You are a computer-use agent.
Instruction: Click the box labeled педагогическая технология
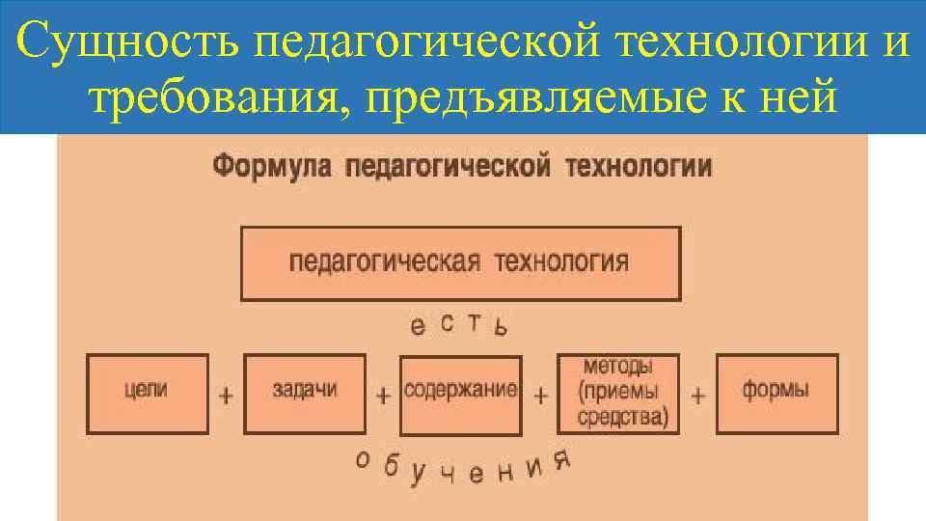coord(459,263)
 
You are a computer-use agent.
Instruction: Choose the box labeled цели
coord(147,393)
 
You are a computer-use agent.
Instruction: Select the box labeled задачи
coord(305,393)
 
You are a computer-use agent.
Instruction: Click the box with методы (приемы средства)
coord(618,393)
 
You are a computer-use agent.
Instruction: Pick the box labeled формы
coord(776,393)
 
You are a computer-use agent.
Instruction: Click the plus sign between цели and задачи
coord(226,396)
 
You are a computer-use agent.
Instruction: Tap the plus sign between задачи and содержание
coord(383,396)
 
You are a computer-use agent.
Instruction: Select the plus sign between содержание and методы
coord(541,396)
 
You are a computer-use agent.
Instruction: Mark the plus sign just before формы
coord(698,396)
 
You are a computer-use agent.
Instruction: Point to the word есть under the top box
coord(458,325)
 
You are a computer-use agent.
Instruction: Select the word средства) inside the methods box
coord(623,417)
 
